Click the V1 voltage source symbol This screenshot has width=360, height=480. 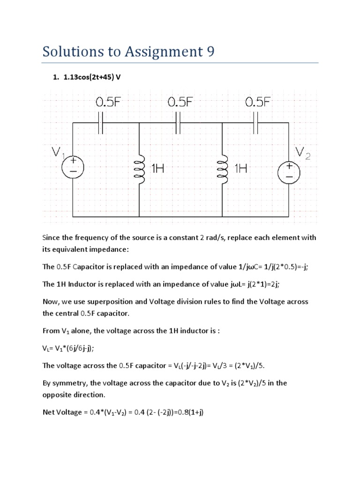(x=73, y=167)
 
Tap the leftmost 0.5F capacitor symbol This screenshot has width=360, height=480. (x=101, y=123)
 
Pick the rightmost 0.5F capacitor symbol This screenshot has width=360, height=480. (x=256, y=123)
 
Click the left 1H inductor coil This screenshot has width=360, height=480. (x=139, y=169)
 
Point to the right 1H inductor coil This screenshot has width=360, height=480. (x=222, y=169)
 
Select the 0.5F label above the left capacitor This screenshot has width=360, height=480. (x=109, y=103)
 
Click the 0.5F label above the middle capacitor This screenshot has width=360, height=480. (x=187, y=103)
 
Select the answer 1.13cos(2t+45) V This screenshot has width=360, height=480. (x=92, y=77)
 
